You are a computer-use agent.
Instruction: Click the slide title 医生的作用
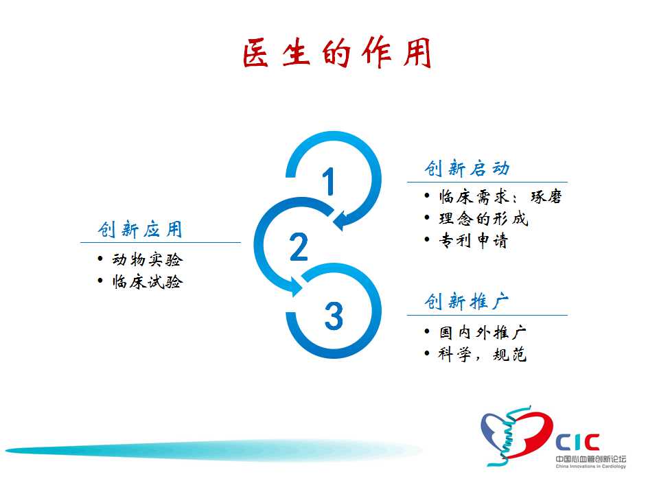coord(337,53)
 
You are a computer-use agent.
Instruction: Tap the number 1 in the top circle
coord(329,181)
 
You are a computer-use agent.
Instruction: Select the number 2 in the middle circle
coord(299,246)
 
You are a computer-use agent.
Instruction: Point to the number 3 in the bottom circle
coord(334,316)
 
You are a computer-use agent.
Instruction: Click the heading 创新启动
coord(467,168)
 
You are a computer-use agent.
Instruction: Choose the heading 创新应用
coord(140,229)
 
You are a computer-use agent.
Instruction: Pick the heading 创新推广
coord(467,301)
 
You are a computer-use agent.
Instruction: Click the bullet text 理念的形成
coord(483,218)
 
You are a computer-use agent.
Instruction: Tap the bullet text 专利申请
coord(474,240)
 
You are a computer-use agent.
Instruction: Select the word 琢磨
coord(546,197)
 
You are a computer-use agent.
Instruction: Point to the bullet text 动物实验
coord(148,259)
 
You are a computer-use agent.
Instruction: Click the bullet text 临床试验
coord(148,281)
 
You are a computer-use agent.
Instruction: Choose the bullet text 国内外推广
coord(483,332)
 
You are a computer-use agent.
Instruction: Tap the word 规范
coord(510,354)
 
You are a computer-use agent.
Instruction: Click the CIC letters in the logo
coord(578,443)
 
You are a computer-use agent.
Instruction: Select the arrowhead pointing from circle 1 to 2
coord(342,220)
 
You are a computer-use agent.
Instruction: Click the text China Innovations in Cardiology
coord(590,467)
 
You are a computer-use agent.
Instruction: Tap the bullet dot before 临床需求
coord(427,196)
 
